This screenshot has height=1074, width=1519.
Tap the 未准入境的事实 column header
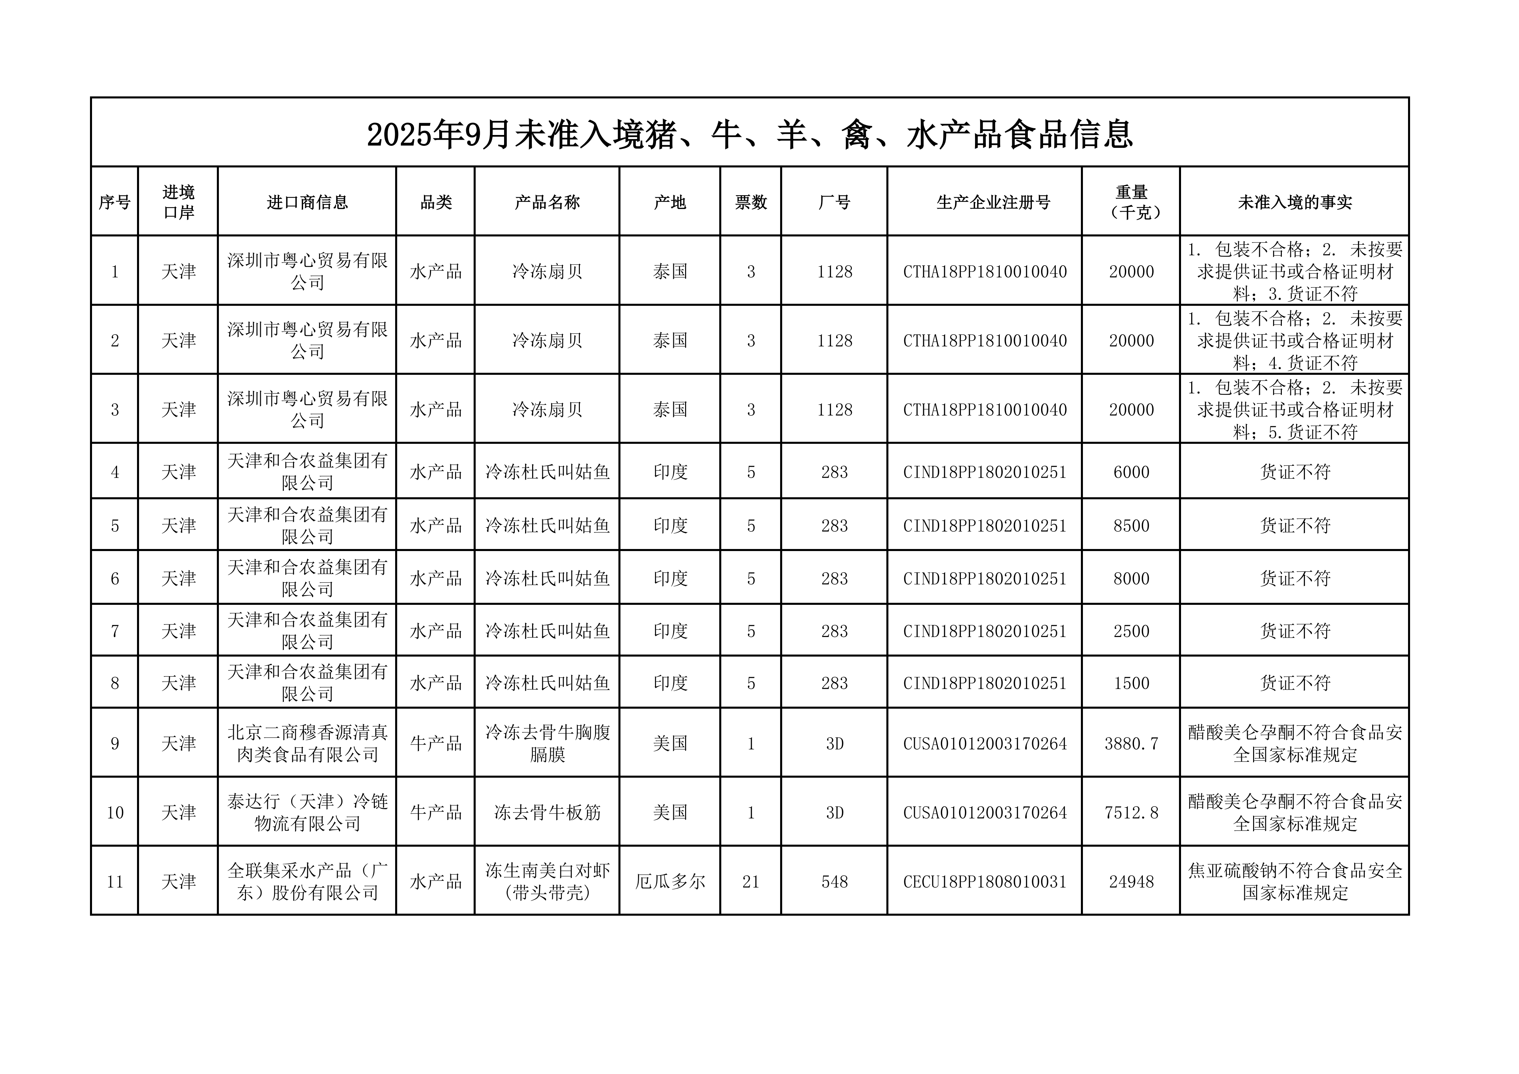click(1295, 202)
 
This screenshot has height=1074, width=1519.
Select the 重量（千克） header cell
click(1131, 202)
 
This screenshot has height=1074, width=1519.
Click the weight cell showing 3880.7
click(1131, 744)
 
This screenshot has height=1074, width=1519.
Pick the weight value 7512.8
click(1131, 813)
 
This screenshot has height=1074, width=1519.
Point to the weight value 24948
click(1131, 882)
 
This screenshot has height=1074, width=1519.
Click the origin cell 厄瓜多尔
click(670, 882)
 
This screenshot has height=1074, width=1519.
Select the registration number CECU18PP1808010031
click(984, 882)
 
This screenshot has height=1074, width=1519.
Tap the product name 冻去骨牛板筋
click(547, 813)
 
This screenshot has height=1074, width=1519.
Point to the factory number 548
click(834, 882)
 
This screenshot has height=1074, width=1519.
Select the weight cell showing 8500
click(1131, 526)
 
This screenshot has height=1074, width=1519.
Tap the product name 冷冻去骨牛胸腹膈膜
click(547, 744)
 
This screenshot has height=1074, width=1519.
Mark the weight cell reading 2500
click(1131, 631)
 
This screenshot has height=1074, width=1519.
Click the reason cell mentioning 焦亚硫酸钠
click(1295, 882)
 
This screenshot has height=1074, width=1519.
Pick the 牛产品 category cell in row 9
click(435, 744)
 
